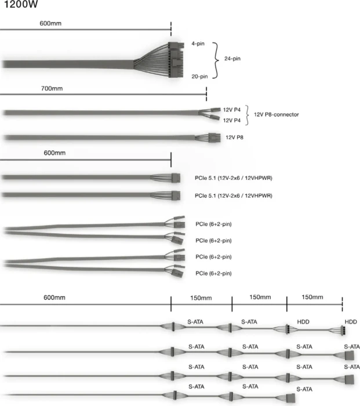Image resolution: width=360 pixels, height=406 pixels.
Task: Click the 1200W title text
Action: tap(21, 4)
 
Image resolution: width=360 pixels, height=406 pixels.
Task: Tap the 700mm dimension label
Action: tap(52, 89)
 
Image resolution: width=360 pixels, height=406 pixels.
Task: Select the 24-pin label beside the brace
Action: tap(232, 59)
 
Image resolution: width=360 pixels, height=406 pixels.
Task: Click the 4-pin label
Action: tap(198, 43)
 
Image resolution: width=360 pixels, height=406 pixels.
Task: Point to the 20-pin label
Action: tap(199, 77)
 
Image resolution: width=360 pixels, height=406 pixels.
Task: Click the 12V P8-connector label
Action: tap(276, 114)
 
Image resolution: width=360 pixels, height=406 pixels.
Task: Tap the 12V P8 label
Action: tap(234, 137)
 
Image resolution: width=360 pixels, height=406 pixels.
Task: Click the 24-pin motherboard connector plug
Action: tap(176, 60)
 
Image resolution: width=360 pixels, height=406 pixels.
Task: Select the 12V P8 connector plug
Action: tap(214, 137)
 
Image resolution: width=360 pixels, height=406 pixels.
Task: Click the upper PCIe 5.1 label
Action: tap(234, 178)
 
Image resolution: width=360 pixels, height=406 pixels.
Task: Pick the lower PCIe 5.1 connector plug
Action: tap(176, 195)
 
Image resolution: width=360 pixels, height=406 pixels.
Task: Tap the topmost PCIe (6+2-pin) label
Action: tap(213, 224)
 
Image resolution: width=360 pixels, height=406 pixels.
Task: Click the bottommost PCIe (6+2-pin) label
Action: tap(213, 273)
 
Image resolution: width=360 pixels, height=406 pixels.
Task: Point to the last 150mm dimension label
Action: tap(312, 297)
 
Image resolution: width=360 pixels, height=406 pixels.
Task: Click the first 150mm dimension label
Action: tap(201, 298)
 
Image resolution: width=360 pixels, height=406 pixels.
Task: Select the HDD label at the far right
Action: tap(351, 322)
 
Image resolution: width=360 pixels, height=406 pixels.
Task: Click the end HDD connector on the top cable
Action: tap(343, 331)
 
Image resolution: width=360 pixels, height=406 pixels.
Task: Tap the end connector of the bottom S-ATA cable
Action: tap(291, 398)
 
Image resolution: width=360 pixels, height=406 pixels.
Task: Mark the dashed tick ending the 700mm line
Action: tap(206, 94)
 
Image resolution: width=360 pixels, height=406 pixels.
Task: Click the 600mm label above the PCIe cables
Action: tap(54, 153)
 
